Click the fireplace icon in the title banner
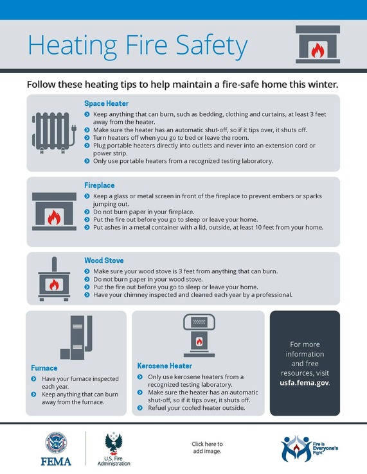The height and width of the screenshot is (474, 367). pyautogui.click(x=318, y=45)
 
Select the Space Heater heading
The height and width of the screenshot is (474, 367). pyautogui.click(x=106, y=103)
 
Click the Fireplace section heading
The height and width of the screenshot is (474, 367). pyautogui.click(x=99, y=185)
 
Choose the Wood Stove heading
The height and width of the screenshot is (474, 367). pyautogui.click(x=104, y=261)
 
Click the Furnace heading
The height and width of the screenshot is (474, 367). pyautogui.click(x=44, y=368)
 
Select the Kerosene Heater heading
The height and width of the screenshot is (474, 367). pyautogui.click(x=165, y=366)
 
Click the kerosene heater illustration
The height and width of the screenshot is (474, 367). pyautogui.click(x=199, y=337)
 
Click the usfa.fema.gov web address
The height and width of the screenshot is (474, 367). pyautogui.click(x=304, y=382)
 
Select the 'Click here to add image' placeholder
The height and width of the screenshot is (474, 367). pyautogui.click(x=206, y=448)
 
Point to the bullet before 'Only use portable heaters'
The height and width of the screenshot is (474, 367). pyautogui.click(x=87, y=161)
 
